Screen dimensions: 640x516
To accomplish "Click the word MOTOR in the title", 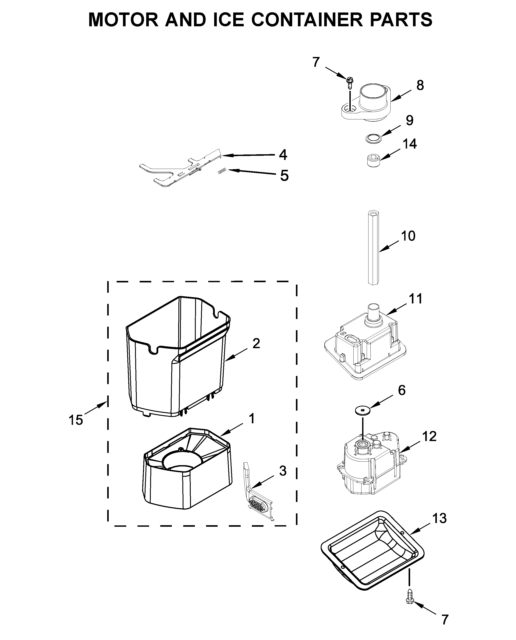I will coord(123,20).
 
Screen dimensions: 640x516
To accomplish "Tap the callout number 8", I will coord(420,86).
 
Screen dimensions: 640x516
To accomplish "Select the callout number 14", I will coord(410,144).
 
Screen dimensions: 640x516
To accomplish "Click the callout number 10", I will coord(408,236).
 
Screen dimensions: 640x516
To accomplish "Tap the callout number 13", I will coord(439,518).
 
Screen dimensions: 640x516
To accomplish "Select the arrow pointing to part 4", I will coord(248,155).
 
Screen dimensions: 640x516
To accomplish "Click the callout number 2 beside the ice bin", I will coord(256,344).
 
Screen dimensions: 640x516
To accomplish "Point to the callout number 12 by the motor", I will coord(429,436).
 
